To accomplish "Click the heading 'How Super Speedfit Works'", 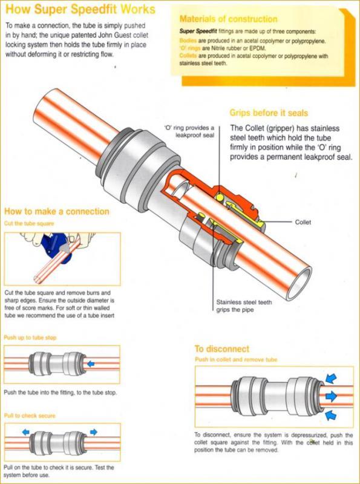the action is pos(80,9).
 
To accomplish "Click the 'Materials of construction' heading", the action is pos(229,19).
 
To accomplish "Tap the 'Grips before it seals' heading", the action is pos(269,113).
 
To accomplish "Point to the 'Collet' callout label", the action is pos(303,222).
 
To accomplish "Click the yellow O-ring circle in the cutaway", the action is pos(220,197).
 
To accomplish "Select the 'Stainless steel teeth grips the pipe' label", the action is pos(244,306).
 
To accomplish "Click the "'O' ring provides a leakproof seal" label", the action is pos(189,131).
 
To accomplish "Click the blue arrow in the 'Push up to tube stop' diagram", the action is pos(91,364).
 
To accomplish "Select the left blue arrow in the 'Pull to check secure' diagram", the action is pos(25,432).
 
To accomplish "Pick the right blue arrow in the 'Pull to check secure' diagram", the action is pos(93,432).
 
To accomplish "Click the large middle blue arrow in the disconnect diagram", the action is pos(331,396).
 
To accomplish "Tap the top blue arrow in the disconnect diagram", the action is pos(331,378).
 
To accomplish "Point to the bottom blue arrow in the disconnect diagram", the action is pos(331,414).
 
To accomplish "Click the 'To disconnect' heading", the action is pos(221,349).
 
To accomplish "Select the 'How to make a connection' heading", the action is pos(57,211).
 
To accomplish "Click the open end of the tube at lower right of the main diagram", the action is pos(299,284).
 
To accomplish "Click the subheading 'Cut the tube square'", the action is pos(29,223).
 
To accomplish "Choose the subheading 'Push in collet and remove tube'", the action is pos(236,359).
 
